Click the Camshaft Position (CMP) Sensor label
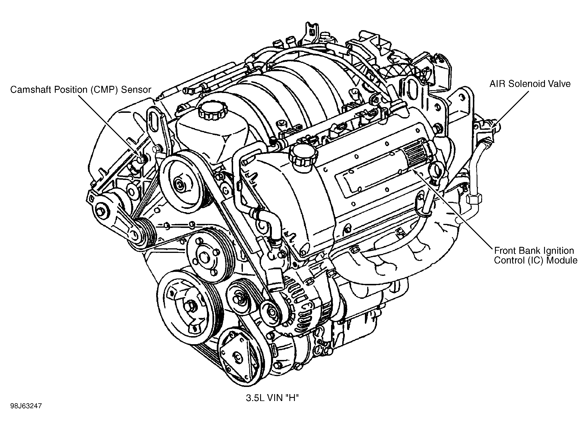(x=80, y=90)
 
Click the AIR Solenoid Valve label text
(x=530, y=84)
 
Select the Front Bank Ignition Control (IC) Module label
(x=535, y=255)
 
